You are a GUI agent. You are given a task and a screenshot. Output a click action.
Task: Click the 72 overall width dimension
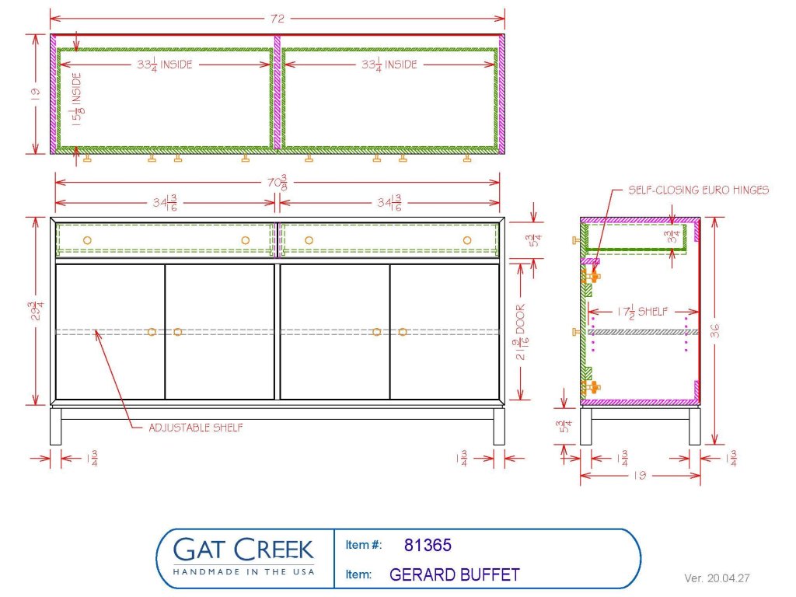278,19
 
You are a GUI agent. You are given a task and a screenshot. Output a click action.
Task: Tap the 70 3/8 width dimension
278,182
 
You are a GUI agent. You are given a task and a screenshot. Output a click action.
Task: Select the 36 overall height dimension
715,331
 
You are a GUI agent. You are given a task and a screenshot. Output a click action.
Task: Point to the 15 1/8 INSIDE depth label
77,99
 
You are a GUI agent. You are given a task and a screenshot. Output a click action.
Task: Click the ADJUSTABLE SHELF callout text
195,428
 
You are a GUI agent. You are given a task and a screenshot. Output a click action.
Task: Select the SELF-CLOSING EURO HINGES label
699,190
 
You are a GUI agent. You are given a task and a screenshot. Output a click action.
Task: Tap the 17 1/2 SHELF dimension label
642,312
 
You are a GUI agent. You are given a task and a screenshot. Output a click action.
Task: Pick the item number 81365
428,545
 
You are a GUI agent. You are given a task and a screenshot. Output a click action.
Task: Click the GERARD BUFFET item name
454,574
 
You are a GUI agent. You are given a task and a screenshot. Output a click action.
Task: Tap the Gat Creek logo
243,556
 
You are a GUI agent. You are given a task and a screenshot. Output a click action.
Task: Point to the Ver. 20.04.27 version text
717,578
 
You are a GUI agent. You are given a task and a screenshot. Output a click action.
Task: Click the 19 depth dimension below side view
640,476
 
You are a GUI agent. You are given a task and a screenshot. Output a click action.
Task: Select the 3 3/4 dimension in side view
672,236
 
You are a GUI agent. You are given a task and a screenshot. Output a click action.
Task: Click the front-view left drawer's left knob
87,240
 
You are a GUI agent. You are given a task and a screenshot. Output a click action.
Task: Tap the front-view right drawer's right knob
467,240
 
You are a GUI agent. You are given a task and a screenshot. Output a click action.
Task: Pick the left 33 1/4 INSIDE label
165,65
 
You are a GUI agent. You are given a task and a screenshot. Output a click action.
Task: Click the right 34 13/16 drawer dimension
389,203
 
